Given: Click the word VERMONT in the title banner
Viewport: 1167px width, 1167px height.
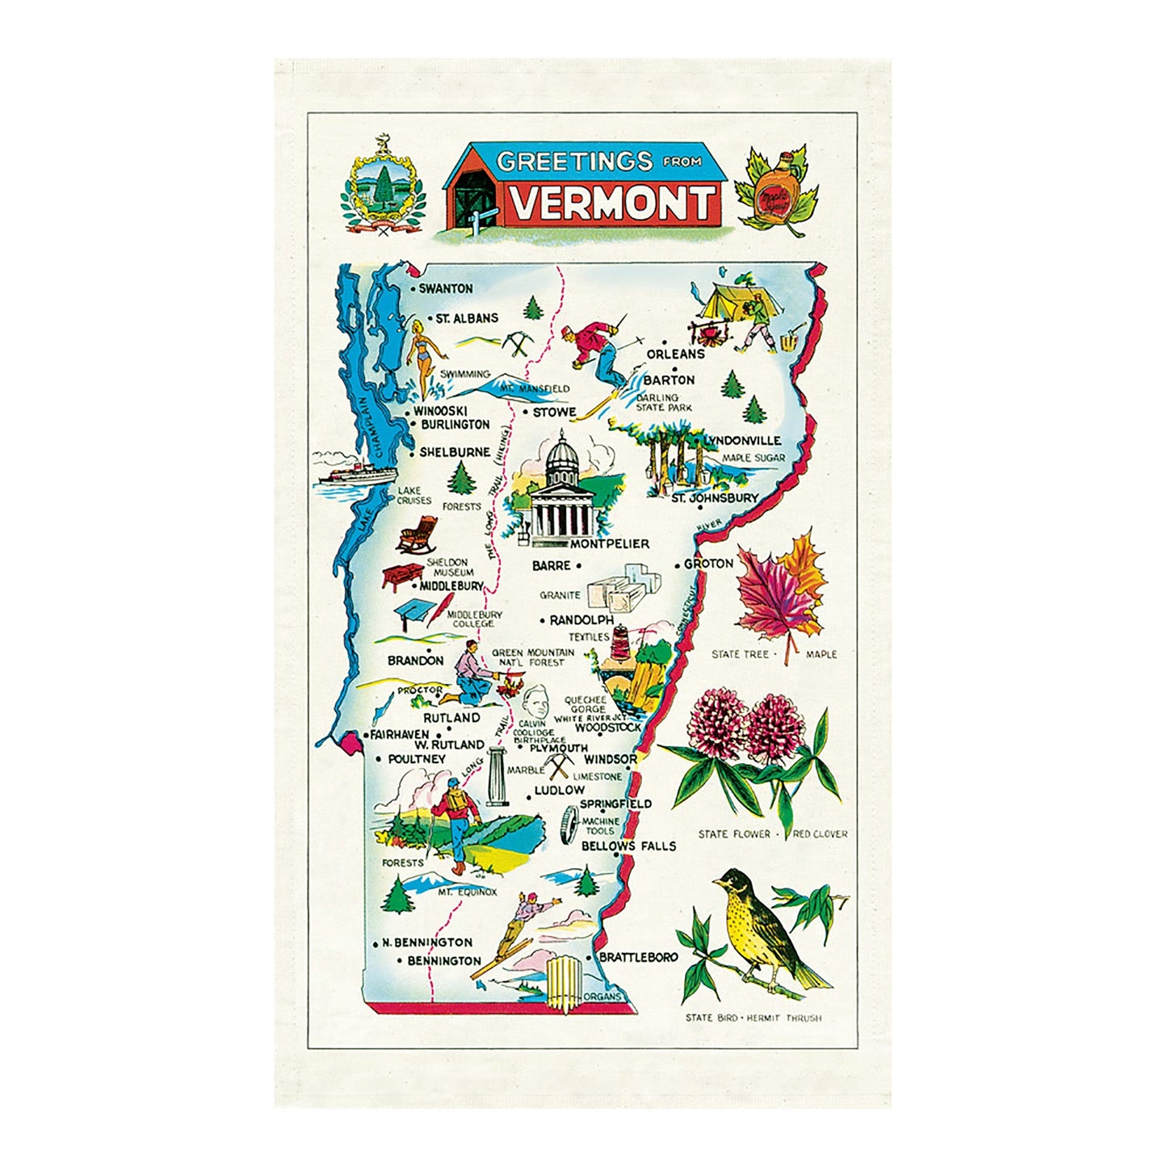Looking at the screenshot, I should tap(614, 203).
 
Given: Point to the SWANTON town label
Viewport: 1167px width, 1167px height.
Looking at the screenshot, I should tap(445, 288).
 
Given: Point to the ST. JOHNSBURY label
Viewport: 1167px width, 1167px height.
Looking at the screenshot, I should tap(715, 498).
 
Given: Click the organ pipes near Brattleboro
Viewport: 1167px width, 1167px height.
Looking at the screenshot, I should tap(564, 980).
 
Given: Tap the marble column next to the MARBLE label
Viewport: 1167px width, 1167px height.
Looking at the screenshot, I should tap(495, 777).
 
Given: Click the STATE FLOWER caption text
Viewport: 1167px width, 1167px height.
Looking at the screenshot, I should tap(734, 833).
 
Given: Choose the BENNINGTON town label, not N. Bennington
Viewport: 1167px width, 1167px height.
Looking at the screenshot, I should tap(443, 961).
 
